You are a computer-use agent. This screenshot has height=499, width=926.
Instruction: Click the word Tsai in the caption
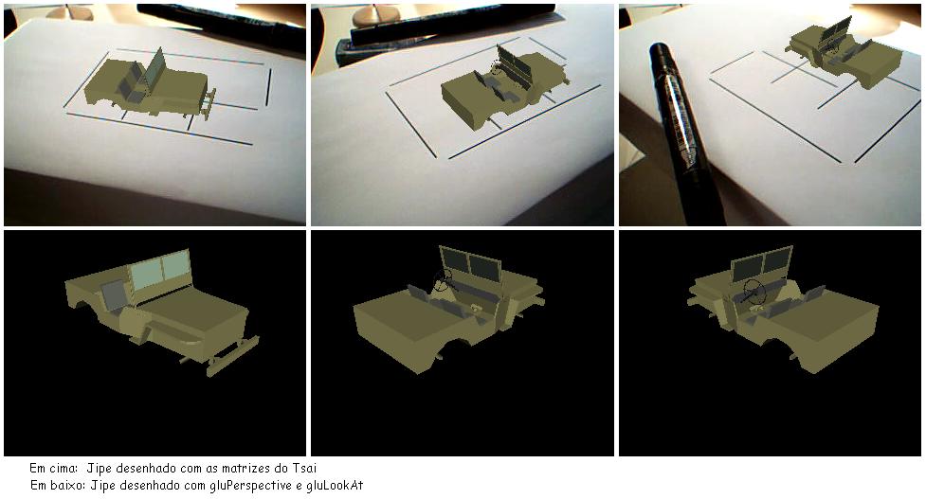click(x=304, y=469)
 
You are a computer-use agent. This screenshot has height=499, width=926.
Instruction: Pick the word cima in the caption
click(x=64, y=469)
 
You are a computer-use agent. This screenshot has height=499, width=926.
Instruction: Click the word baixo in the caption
click(x=65, y=486)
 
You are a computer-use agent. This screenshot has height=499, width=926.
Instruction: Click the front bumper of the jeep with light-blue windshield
click(x=233, y=356)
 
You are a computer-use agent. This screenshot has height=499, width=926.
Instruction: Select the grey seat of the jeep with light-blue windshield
click(x=113, y=295)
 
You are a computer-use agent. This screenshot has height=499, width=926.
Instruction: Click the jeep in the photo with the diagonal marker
click(x=843, y=56)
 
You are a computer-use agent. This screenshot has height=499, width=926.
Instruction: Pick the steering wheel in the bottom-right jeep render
click(x=753, y=290)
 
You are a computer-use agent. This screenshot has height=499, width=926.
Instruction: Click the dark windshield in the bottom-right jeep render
click(x=762, y=263)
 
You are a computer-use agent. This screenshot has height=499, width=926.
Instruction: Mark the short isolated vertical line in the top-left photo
click(x=269, y=87)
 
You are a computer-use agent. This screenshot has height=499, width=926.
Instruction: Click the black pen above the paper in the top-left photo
click(x=222, y=23)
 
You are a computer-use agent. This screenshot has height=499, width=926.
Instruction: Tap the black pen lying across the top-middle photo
click(x=452, y=24)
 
